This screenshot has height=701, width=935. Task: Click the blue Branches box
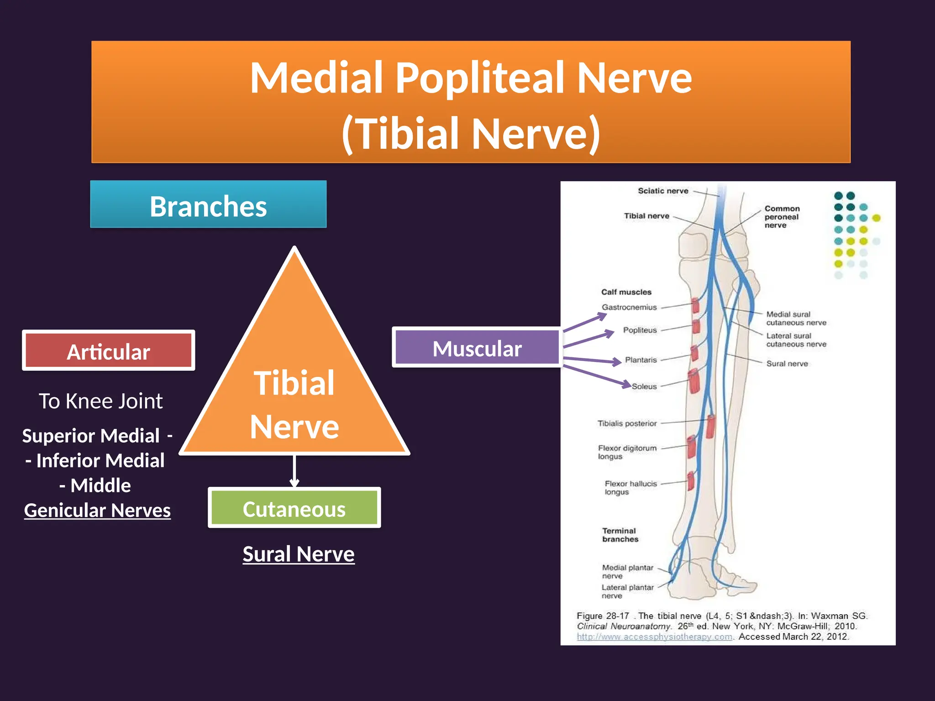click(208, 204)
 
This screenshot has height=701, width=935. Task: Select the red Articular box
click(109, 351)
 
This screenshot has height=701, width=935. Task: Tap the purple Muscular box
click(477, 348)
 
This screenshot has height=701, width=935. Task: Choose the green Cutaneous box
click(294, 508)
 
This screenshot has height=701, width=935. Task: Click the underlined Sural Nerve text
click(299, 554)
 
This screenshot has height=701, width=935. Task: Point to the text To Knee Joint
click(100, 401)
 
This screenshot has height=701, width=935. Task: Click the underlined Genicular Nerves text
click(97, 510)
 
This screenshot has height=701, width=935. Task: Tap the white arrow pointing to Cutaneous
click(294, 472)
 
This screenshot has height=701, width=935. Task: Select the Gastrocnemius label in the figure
click(629, 307)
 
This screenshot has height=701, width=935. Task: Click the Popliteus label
click(640, 330)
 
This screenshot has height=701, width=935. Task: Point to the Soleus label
click(644, 386)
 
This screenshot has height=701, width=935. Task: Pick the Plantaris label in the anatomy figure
click(641, 360)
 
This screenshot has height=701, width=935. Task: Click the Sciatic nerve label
click(663, 191)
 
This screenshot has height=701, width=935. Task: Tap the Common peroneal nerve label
click(782, 217)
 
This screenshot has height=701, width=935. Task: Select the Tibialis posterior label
click(627, 424)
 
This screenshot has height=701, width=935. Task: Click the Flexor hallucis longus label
click(630, 487)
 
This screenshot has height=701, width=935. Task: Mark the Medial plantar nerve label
click(627, 571)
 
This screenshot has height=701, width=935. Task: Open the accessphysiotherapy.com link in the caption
click(654, 637)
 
